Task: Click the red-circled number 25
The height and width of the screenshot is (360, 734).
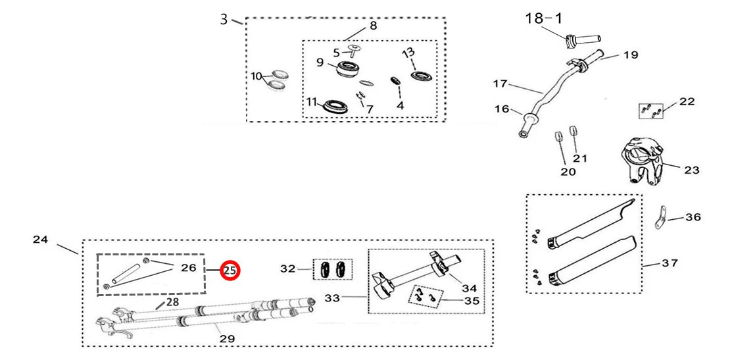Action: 230,270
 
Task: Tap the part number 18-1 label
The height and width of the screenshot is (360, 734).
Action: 543,18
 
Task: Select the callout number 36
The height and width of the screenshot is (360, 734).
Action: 693,217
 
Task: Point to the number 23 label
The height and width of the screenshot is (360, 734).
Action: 691,170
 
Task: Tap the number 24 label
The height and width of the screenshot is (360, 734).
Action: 40,240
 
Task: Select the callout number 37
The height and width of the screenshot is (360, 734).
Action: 670,264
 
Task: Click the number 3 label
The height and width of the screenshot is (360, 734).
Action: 224,19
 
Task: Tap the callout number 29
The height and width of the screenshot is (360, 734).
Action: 227,338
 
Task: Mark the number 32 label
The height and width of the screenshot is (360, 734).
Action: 288,269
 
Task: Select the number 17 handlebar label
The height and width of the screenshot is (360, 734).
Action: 501,84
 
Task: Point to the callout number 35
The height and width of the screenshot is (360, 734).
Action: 472,301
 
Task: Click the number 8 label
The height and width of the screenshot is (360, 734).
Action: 373,26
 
